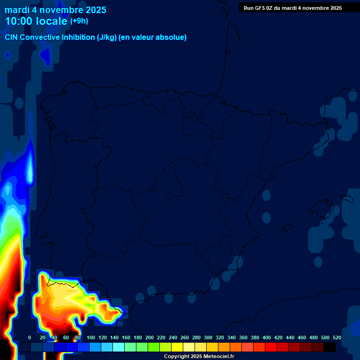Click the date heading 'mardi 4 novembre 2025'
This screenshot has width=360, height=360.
[55, 10]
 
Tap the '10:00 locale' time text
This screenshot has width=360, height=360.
[36, 21]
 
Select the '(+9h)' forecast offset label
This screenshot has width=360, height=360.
[79, 21]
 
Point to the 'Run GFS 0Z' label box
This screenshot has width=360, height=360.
[292, 8]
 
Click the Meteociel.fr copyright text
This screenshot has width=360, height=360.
[199, 357]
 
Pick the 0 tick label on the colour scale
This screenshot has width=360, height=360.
[30, 337]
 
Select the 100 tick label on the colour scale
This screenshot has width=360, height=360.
[91, 337]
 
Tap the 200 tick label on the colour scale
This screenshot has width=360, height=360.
[150, 337]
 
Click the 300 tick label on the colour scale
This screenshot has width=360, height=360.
[208, 337]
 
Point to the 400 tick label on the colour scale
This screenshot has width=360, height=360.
[267, 337]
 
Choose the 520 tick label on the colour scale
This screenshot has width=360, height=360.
[337, 337]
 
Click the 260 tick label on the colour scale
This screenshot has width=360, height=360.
[185, 337]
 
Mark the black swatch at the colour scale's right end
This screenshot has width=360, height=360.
[330, 347]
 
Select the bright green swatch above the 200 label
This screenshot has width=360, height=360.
[154, 347]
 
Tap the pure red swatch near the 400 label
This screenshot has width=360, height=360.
[271, 347]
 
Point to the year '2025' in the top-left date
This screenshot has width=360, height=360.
[96, 10]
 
